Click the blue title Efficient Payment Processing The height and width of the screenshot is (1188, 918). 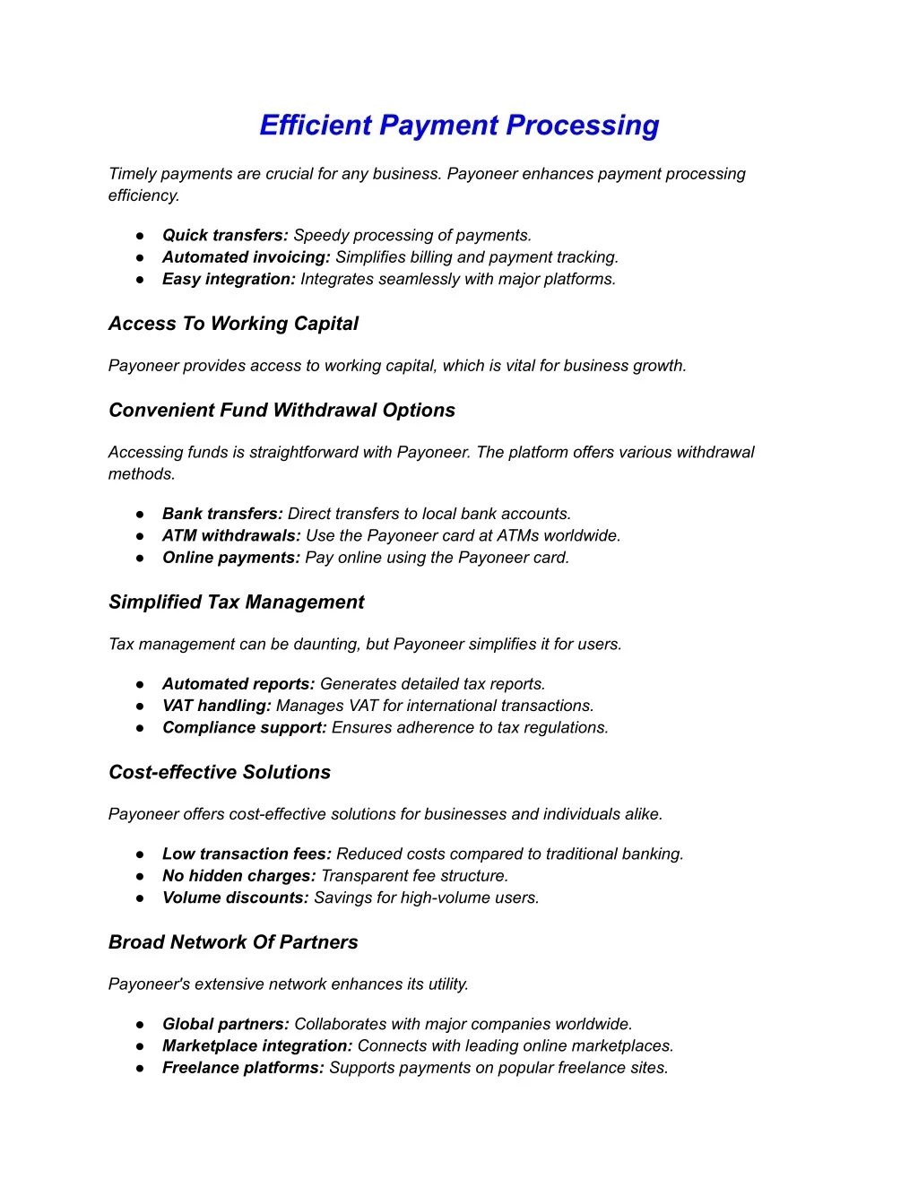(459, 126)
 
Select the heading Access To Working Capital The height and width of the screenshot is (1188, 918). (233, 324)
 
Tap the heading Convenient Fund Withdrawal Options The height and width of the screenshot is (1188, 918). (281, 411)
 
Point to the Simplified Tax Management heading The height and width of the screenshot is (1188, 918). (237, 603)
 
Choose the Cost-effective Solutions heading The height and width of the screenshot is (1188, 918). (220, 773)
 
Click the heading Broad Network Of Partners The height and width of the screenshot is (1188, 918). (233, 942)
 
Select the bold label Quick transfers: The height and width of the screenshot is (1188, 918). (225, 236)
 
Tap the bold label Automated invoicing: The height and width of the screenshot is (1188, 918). (247, 257)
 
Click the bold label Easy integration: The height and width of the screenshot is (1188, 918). (229, 280)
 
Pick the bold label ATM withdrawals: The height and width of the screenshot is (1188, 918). (231, 536)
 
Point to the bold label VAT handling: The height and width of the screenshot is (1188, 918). (217, 707)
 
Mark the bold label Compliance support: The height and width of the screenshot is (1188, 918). (245, 728)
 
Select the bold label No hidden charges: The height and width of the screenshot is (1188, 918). (239, 876)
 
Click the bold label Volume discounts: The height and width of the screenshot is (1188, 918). (236, 898)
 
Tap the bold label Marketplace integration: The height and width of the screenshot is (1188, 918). (257, 1046)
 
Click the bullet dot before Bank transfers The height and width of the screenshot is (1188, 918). (141, 515)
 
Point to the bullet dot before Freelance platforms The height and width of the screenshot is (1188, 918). (141, 1069)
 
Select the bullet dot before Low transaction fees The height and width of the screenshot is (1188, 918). (141, 854)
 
